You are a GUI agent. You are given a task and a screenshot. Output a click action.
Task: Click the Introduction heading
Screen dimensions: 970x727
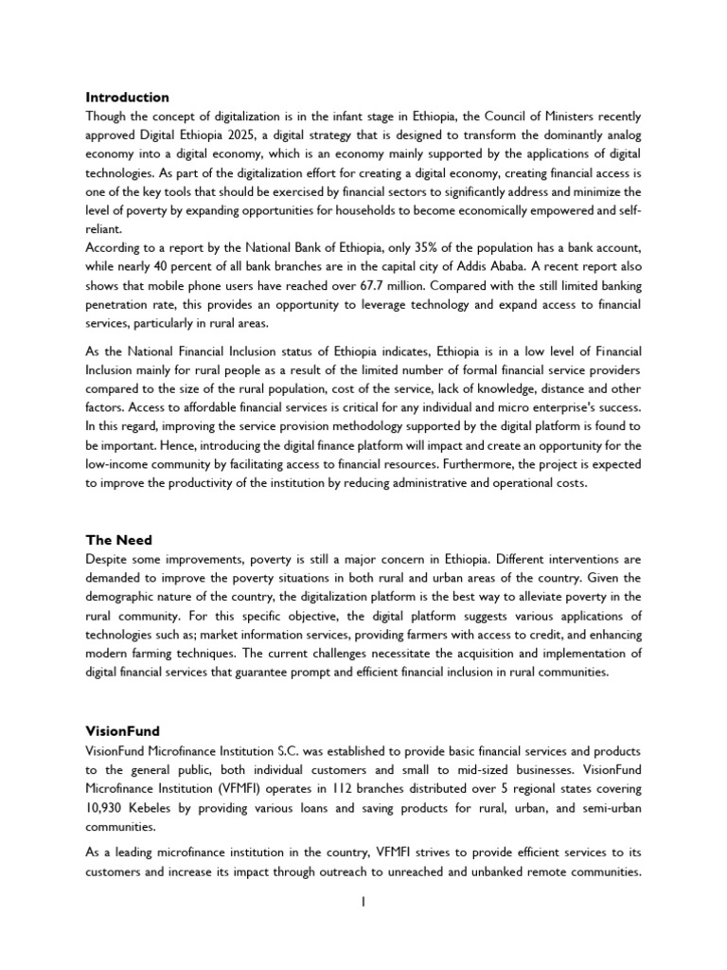(128, 98)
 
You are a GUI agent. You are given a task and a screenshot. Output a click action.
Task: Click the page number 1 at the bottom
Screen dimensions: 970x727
(363, 903)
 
